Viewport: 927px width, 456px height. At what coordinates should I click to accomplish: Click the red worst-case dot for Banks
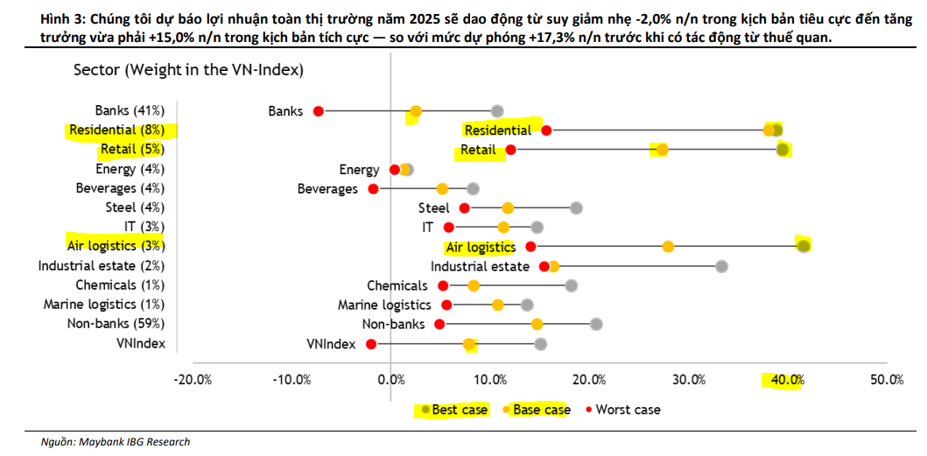click(x=319, y=111)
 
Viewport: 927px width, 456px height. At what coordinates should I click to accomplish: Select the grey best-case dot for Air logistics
click(x=803, y=246)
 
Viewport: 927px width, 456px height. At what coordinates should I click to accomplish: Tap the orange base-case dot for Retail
click(x=662, y=150)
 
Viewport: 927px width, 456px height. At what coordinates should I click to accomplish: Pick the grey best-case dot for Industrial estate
click(x=721, y=266)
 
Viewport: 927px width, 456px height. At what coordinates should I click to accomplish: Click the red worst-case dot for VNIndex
click(x=371, y=344)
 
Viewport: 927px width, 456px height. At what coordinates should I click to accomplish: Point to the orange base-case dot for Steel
click(x=508, y=208)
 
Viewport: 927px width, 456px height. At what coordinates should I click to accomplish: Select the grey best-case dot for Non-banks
click(x=596, y=325)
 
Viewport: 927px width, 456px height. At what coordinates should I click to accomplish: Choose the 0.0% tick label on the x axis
click(x=390, y=380)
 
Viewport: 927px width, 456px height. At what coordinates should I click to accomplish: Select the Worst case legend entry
click(x=628, y=410)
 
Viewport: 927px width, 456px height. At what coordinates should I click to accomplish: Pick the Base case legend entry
click(x=541, y=410)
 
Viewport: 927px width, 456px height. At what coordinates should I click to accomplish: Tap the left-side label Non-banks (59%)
click(x=116, y=324)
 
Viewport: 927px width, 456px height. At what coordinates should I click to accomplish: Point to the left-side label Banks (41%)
click(x=130, y=110)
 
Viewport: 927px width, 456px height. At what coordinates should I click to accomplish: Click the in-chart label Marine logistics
click(x=384, y=305)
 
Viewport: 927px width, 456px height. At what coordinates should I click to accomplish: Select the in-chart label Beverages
click(x=327, y=188)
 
